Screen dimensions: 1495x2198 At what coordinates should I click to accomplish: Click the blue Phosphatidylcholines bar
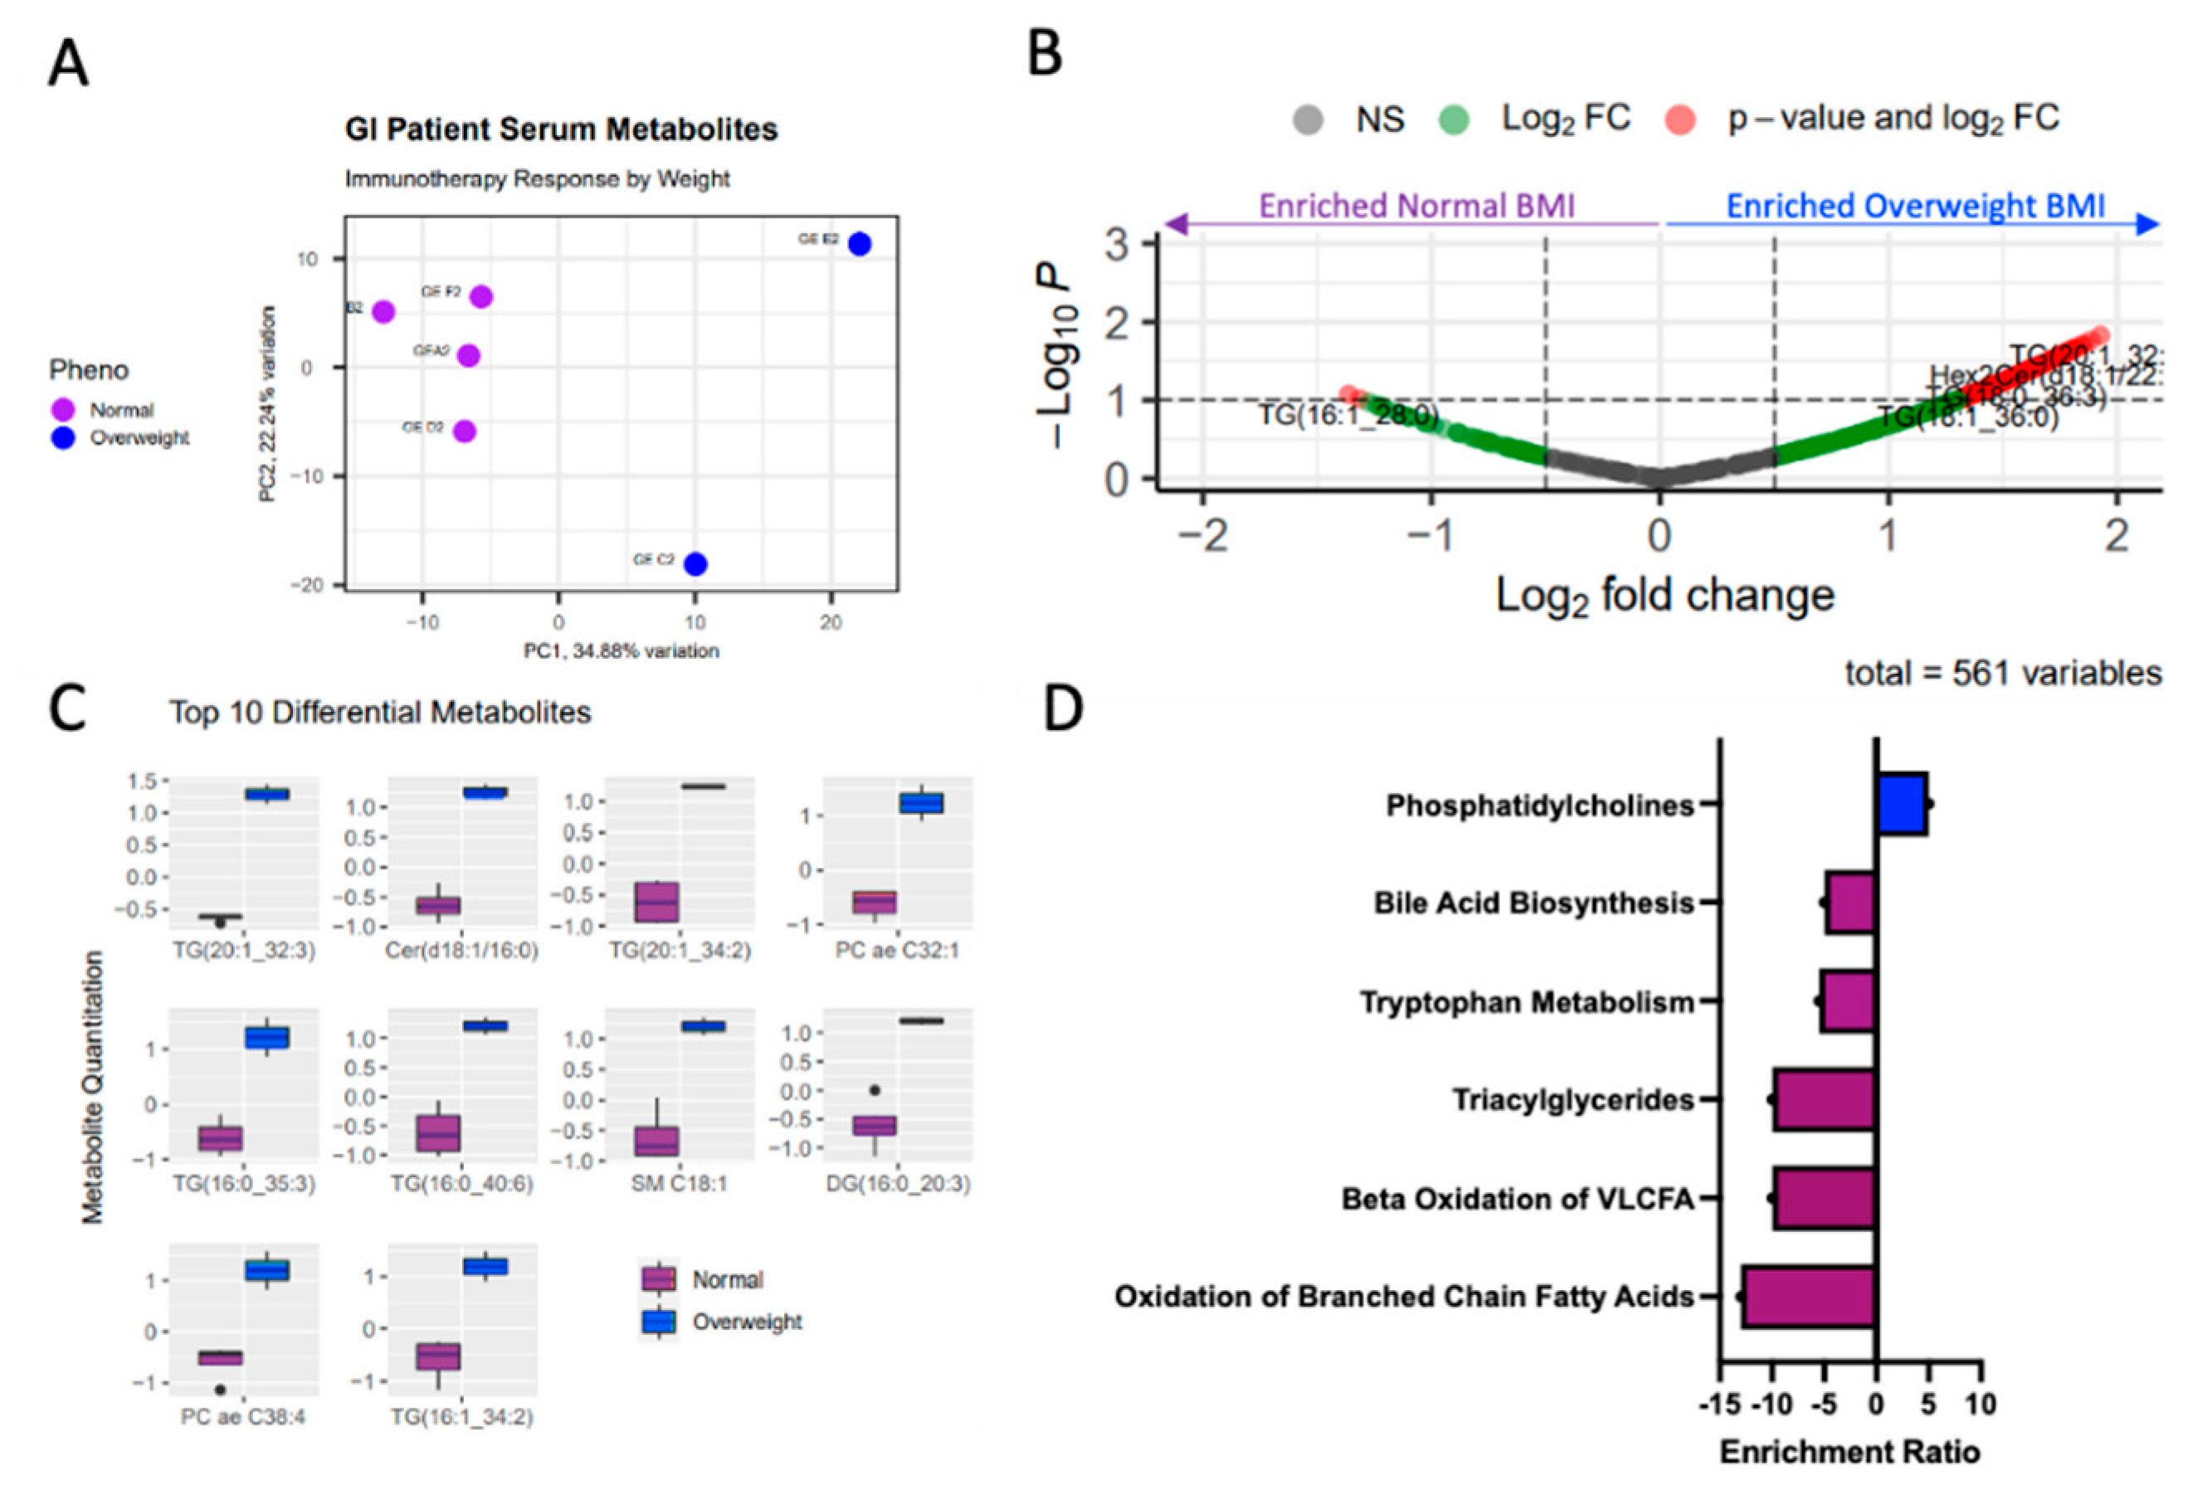(x=1902, y=804)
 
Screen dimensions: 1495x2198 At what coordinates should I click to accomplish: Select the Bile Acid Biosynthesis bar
(x=1850, y=903)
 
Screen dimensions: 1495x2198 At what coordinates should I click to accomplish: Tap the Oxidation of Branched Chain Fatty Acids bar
(x=1808, y=1296)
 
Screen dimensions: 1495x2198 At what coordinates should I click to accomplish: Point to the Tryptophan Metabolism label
(x=1527, y=1002)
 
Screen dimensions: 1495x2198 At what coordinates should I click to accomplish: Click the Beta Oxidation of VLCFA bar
(x=1825, y=1198)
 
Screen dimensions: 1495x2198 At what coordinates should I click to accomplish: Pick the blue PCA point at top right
(x=859, y=244)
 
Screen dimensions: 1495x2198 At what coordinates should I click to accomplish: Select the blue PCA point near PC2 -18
(x=696, y=564)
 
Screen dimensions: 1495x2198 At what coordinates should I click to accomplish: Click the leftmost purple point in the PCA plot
(x=383, y=312)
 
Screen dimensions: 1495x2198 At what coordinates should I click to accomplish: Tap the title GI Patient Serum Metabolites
(x=561, y=129)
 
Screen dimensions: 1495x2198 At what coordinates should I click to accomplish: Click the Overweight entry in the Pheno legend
(x=139, y=438)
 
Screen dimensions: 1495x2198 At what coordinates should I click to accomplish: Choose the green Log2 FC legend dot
(x=1454, y=120)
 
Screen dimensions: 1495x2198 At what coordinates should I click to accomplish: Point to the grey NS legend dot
(x=1308, y=120)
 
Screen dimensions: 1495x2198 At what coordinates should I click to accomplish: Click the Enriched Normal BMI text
(x=1416, y=206)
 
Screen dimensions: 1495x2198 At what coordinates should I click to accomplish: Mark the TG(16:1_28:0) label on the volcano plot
(x=1348, y=415)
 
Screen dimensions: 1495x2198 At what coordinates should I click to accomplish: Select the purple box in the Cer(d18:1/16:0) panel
(x=439, y=905)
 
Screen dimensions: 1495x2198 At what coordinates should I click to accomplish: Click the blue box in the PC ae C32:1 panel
(x=921, y=803)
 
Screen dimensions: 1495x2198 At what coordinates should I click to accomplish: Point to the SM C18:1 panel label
(x=679, y=1183)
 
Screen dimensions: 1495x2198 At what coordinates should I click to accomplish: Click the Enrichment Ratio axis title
(x=1849, y=1453)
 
